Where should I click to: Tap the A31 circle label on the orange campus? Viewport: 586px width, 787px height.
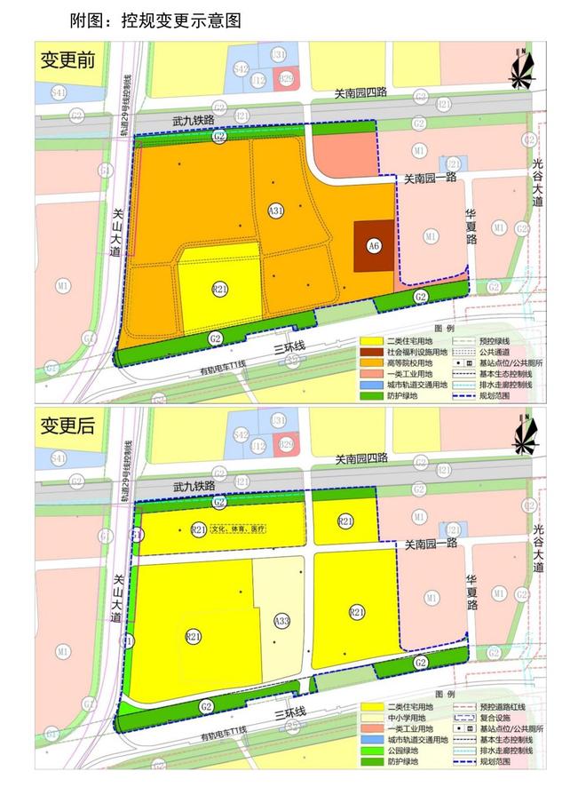click(276, 211)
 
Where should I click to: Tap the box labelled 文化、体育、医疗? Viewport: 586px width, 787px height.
click(239, 529)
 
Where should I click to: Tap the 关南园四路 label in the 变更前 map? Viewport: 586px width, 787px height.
click(363, 92)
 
